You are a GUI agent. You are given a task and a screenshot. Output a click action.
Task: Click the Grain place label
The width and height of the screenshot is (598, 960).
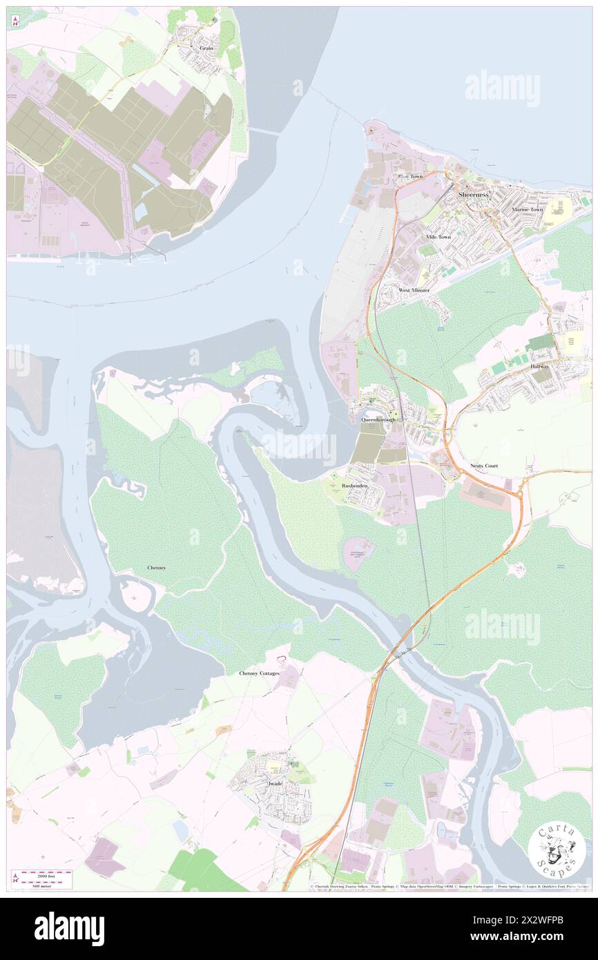[206, 48]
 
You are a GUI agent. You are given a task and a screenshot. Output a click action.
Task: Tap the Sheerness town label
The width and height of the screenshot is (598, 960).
[473, 195]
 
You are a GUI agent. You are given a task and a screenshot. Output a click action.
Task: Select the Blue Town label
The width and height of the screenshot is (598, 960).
[409, 177]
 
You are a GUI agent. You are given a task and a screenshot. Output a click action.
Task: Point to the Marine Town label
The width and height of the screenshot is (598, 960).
[527, 209]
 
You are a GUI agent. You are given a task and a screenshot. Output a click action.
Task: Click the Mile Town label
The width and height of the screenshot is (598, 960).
[438, 237]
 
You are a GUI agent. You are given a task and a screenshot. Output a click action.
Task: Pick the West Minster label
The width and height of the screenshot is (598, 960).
[414, 290]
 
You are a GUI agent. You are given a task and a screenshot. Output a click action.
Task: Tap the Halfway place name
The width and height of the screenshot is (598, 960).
[541, 366]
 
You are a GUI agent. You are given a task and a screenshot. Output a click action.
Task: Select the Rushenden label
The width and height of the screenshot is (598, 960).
[354, 486]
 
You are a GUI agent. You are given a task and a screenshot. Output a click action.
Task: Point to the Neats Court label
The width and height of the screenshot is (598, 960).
[483, 466]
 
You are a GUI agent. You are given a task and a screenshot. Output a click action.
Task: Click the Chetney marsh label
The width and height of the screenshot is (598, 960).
[156, 568]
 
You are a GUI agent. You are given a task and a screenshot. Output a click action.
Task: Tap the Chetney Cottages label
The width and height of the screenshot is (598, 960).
[260, 673]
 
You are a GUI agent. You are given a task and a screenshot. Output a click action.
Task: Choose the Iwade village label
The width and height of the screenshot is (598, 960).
[275, 784]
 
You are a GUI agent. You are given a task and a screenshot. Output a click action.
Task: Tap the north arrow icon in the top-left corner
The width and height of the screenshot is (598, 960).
[15, 21]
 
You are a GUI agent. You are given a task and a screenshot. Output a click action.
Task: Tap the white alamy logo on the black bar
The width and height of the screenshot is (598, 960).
[69, 928]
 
